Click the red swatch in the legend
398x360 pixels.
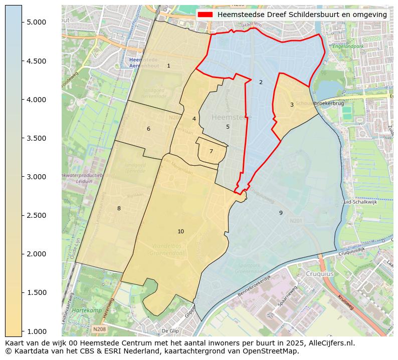coord(205,15)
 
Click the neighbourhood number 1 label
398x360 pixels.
coord(168,66)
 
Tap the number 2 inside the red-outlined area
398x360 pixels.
coord(261,82)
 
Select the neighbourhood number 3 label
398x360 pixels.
coord(292,105)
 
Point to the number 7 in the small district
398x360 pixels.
coord(211,151)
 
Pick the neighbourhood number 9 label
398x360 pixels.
coord(281,213)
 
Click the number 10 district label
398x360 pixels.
coord(180,231)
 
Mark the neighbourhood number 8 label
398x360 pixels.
coord(119,208)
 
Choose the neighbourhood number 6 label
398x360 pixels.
coord(148,129)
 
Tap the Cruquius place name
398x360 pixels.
coord(320,274)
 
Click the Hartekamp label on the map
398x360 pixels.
coord(84,310)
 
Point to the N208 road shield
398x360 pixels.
coord(99,329)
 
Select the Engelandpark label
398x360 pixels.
coord(347,46)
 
